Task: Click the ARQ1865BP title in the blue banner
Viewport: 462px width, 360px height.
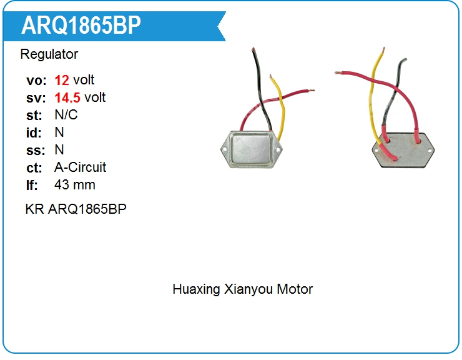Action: pos(81,26)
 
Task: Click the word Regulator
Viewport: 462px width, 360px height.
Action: pos(49,54)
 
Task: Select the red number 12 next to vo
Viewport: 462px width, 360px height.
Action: pos(62,80)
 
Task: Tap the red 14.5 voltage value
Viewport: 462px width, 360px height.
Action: pos(67,97)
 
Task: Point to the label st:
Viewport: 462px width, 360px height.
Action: pos(34,115)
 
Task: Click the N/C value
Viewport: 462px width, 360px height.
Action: pos(66,115)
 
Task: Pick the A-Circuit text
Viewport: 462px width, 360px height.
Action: pos(80,167)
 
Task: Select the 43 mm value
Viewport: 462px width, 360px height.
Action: pos(74,185)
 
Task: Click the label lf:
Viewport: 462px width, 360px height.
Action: pos(32,185)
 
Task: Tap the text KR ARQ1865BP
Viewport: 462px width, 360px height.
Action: pos(76,209)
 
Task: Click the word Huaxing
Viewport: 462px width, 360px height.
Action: pos(196,289)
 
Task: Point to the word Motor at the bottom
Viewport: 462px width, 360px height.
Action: pos(294,289)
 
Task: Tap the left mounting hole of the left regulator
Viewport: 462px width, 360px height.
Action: pos(225,149)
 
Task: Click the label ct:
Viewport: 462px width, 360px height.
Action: pos(34,167)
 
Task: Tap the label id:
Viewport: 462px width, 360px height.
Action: pos(34,132)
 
